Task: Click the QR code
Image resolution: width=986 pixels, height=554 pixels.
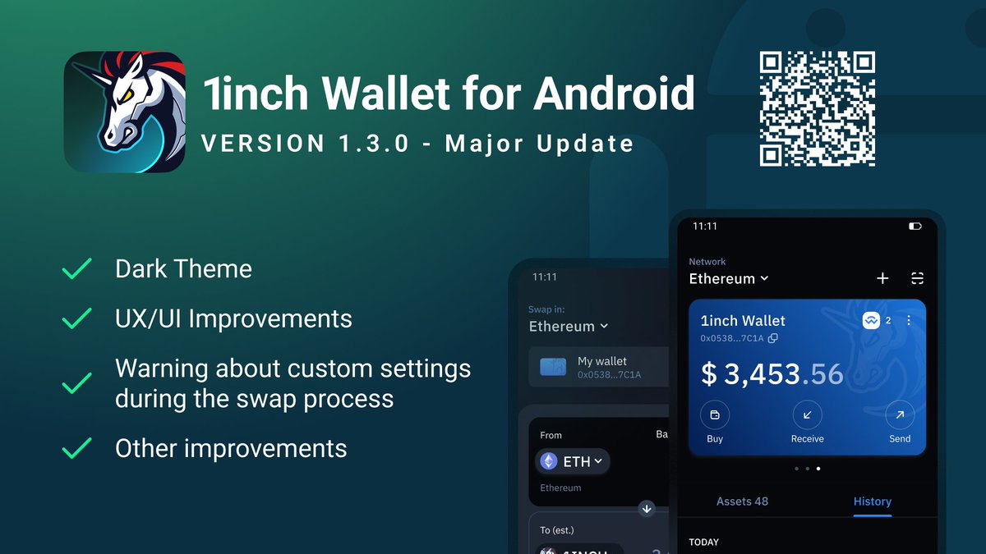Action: pos(817,108)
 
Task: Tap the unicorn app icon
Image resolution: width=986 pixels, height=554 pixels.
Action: pos(124,112)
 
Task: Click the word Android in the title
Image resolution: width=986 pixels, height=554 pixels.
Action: pos(614,93)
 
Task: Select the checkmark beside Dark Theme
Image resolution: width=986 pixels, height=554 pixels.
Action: pos(77,269)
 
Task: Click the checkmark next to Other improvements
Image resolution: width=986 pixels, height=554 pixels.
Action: pos(77,448)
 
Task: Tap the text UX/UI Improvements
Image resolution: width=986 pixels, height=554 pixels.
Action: pos(233,318)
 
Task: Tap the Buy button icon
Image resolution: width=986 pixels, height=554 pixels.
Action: pos(714,415)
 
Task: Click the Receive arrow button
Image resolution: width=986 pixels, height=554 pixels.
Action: pos(807,415)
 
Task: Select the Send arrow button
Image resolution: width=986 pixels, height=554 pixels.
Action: pos(900,415)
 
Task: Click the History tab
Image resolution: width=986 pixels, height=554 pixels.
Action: pos(872,501)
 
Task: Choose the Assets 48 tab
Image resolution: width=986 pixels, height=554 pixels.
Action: pos(742,501)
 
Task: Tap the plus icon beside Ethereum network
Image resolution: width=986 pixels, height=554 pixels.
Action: pos(882,279)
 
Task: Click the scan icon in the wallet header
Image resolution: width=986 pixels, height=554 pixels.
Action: pos(918,279)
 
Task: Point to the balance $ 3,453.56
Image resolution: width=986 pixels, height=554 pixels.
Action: pos(772,374)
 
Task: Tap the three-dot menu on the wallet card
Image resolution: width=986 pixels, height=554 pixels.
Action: pos(909,321)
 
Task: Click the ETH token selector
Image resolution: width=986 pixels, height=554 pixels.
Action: pos(573,462)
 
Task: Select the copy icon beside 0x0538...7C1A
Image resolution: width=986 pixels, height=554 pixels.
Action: pos(773,338)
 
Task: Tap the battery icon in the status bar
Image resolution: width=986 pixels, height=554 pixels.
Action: pos(915,226)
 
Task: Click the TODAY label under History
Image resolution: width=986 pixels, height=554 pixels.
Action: pos(703,542)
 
